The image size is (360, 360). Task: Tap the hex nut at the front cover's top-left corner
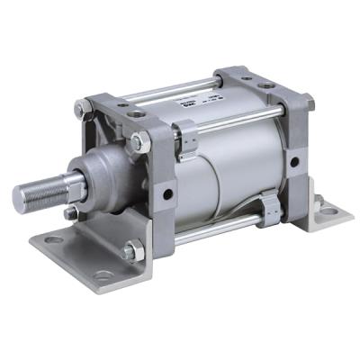pyautogui.click(x=84, y=111)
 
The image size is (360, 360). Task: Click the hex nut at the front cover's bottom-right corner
pyautogui.click(x=130, y=252)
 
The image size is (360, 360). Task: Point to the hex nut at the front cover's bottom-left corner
pyautogui.click(x=71, y=213)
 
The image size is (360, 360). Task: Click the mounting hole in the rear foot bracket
pyautogui.click(x=328, y=211)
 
